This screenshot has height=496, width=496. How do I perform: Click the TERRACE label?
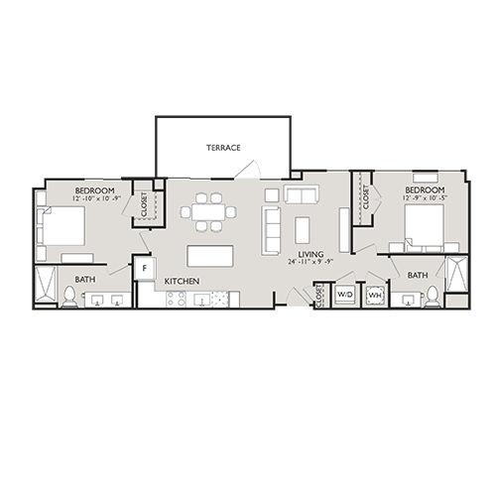click(223, 148)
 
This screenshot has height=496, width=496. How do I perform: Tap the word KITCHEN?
click(182, 282)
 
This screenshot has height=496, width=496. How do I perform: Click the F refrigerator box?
click(145, 268)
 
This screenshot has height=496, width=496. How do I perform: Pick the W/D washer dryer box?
click(344, 295)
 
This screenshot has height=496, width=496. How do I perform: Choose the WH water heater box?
click(375, 295)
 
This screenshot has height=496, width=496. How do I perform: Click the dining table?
click(208, 211)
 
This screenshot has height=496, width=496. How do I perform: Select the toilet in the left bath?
click(69, 296)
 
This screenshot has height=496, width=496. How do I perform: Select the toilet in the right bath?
click(433, 296)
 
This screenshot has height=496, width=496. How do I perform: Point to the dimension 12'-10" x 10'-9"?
click(96, 200)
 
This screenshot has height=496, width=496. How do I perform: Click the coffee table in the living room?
click(303, 229)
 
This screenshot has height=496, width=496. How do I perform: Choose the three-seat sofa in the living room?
click(271, 228)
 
